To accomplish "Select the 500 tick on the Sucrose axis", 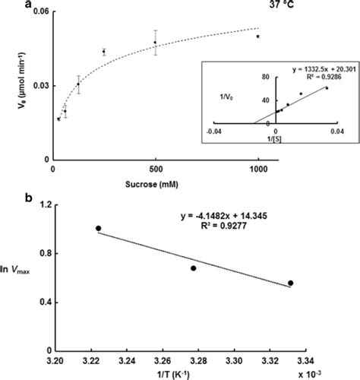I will point(155,169).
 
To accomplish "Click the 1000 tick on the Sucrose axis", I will point(258,169).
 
